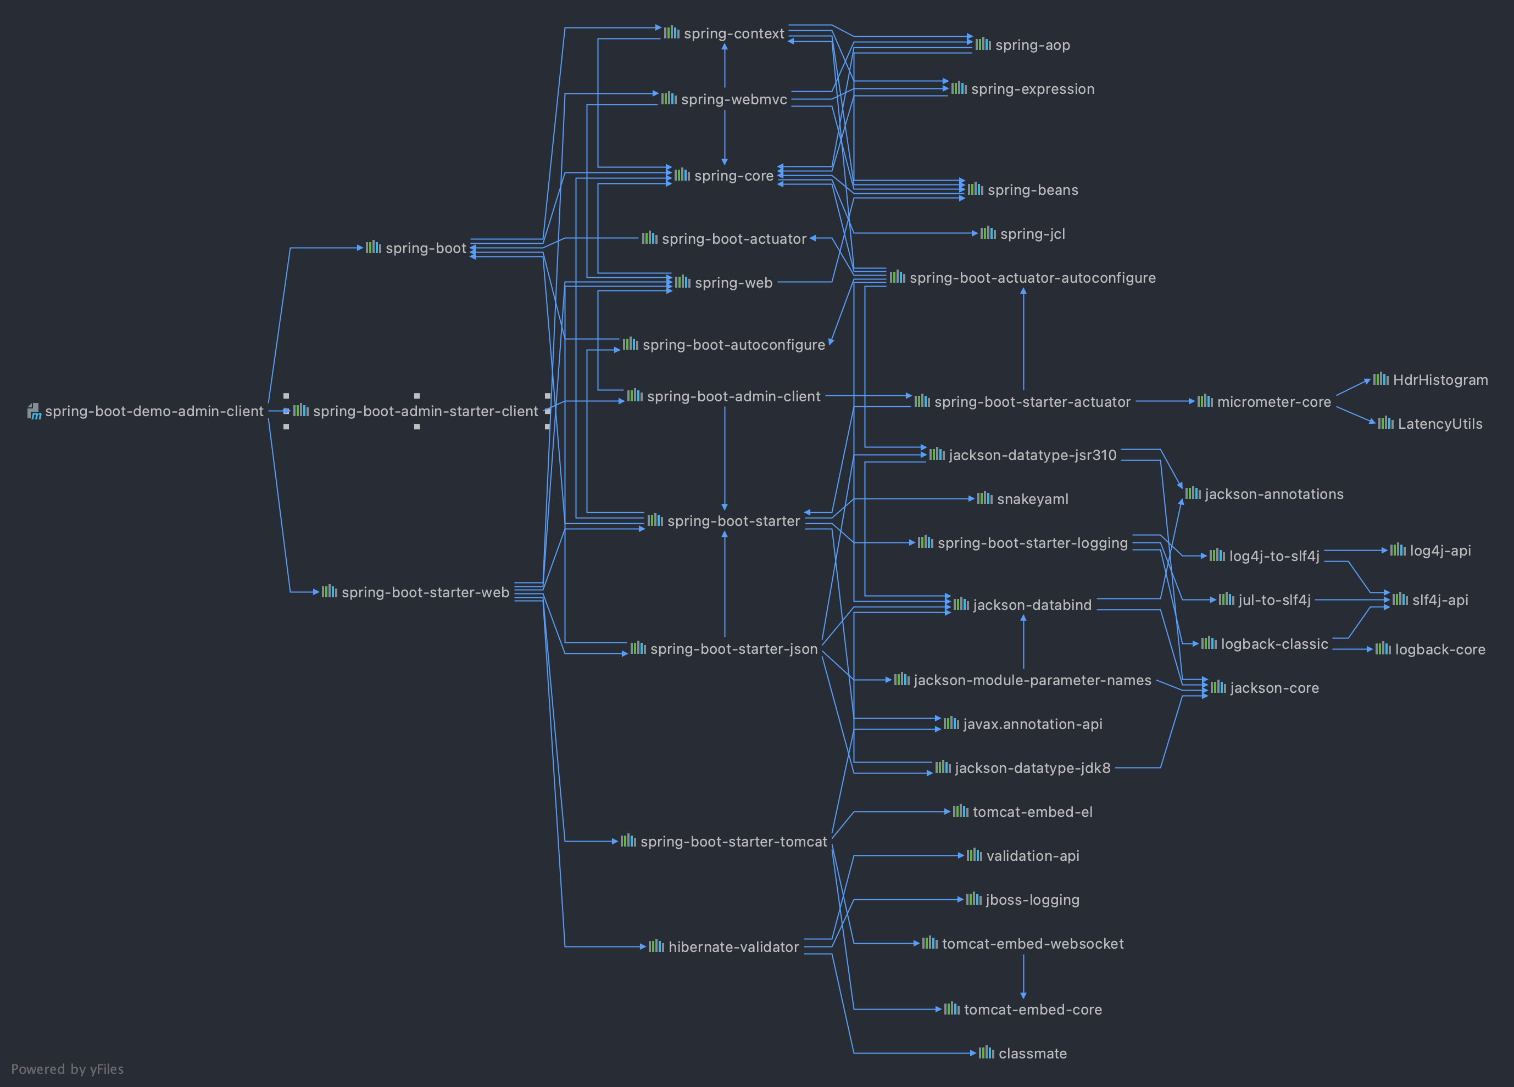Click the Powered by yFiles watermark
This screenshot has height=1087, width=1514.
click(x=68, y=1069)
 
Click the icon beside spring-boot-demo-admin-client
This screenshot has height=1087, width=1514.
click(x=34, y=411)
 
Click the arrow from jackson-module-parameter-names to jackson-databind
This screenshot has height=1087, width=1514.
click(x=1023, y=642)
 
